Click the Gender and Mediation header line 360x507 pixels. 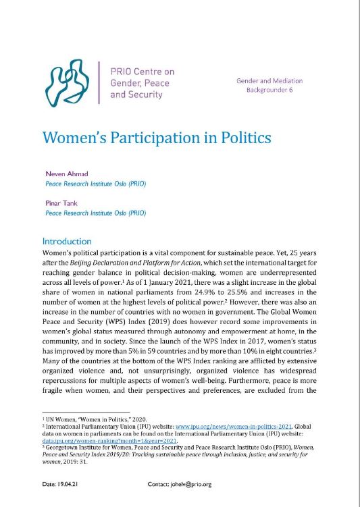coord(269,80)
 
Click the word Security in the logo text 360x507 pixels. coord(145,95)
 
